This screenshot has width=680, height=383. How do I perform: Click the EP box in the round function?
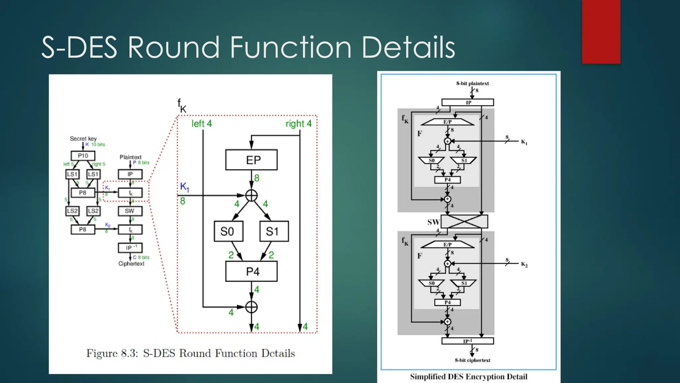pos(251,160)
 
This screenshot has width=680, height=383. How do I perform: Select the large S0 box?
pos(228,231)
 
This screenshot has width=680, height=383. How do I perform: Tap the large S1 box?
pos(274,231)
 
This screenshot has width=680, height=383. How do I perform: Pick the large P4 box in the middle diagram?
pos(251,272)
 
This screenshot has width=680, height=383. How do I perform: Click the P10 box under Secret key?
pos(83,156)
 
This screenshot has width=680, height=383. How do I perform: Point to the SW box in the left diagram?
pos(130,211)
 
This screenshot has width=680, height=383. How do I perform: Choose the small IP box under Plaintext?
pos(130,174)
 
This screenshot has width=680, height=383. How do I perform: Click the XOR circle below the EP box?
pos(251,195)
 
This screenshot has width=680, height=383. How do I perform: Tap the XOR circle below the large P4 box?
pos(251,307)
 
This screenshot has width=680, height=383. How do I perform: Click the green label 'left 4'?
pos(202,124)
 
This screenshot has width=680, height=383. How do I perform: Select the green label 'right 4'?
pos(298,124)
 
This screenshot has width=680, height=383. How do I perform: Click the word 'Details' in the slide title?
pos(408,48)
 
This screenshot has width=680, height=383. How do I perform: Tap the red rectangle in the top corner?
pos(601,32)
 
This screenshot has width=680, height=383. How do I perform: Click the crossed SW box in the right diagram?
pos(464,221)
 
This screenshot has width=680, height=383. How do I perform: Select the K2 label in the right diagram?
pos(524,264)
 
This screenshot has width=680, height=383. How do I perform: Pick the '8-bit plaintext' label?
pos(472,83)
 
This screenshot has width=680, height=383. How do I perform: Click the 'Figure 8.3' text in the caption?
pos(112,353)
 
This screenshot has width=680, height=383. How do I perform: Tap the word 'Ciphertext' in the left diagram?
pos(131,264)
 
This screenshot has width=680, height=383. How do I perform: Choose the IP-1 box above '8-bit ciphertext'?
pos(467,341)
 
